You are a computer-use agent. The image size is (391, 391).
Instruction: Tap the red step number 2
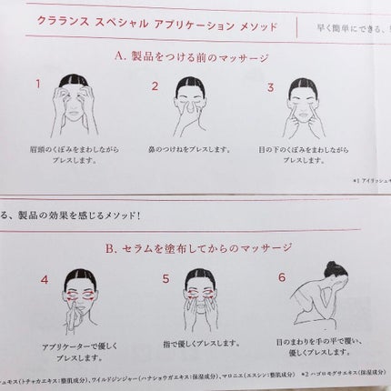point(155,87)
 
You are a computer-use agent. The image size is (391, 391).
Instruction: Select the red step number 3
point(270,87)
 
